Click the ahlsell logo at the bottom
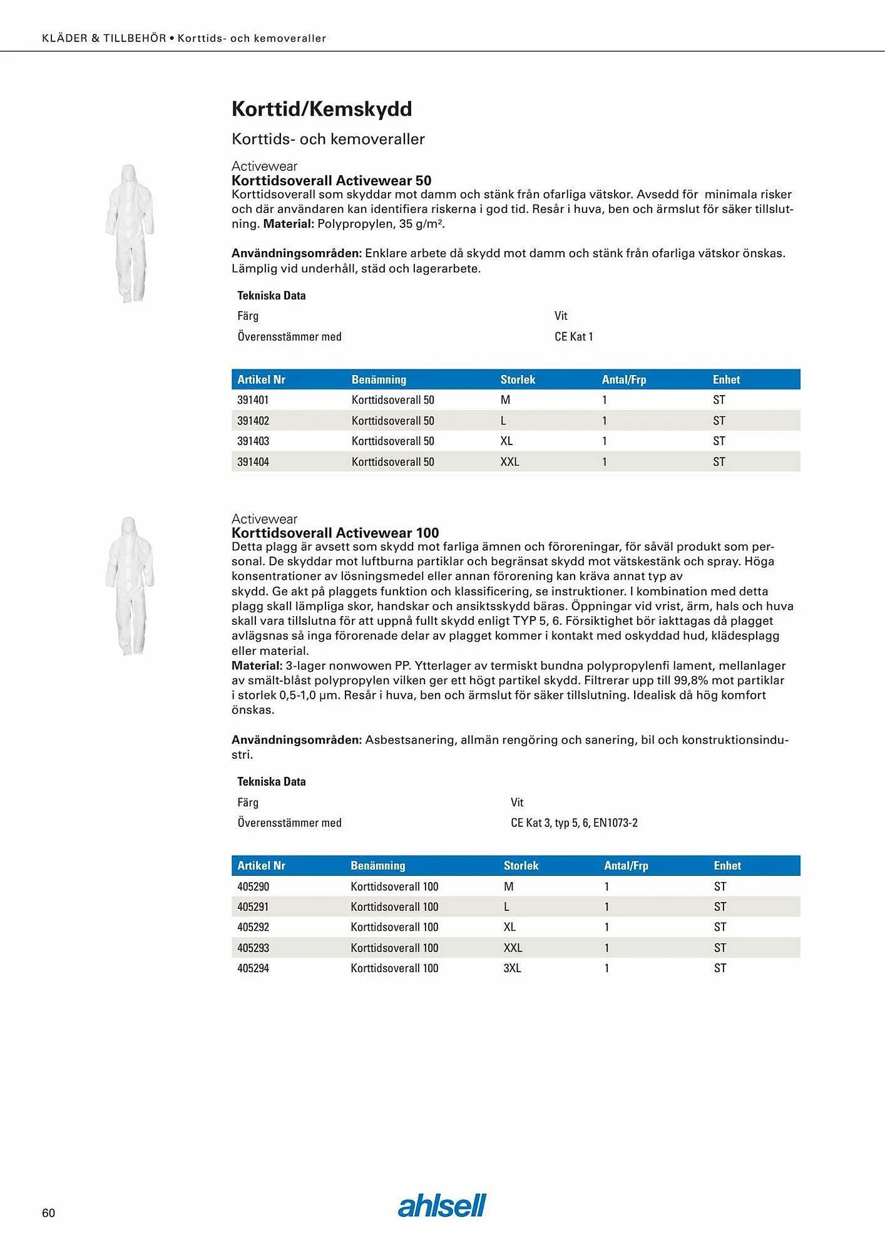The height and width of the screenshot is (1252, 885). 442,1205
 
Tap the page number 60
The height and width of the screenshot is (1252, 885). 48,1213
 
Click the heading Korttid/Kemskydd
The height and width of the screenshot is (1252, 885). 322,109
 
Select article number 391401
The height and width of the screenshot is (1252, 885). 253,400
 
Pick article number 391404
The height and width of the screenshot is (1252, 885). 253,462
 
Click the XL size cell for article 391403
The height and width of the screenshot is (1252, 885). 506,441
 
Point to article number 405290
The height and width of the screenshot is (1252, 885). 253,886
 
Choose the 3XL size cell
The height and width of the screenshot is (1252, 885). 512,968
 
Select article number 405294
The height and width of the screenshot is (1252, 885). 253,968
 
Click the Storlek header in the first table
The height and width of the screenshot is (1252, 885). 518,379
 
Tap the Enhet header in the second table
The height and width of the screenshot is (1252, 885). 727,866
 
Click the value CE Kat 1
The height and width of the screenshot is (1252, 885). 573,337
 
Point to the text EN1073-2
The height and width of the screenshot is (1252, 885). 615,823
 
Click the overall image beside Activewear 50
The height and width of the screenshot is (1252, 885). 130,233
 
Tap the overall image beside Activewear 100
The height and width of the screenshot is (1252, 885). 130,586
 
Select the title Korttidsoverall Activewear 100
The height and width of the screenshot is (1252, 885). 335,533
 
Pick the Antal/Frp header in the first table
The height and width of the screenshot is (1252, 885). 623,379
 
